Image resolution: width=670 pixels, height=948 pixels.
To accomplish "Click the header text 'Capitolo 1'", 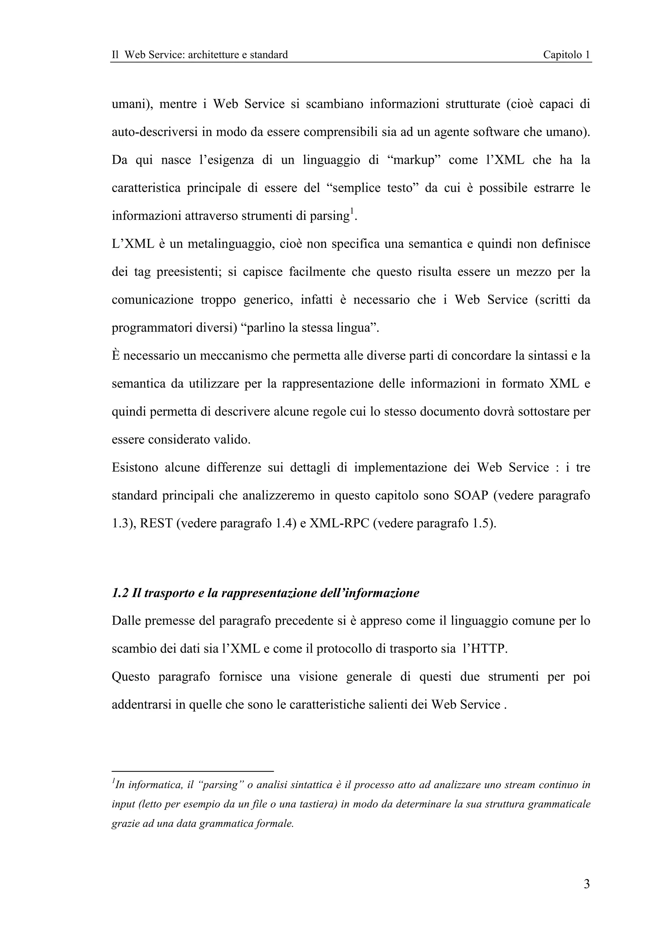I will point(566,55).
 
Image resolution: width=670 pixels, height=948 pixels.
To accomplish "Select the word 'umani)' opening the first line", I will point(131,104).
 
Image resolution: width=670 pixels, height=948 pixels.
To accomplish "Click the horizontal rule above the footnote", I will point(193,771).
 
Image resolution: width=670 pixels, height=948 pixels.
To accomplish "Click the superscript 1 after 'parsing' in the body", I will point(352,212).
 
